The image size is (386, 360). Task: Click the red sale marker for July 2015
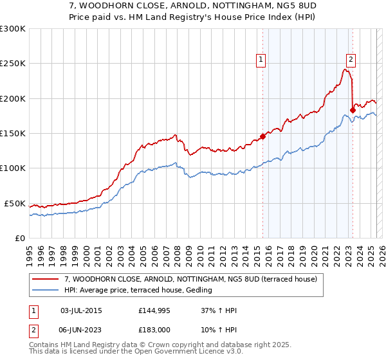pos(262,136)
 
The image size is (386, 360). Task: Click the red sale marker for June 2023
pos(353,110)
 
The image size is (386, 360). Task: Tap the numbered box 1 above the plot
pos(261,60)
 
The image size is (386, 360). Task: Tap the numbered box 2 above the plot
pos(351,60)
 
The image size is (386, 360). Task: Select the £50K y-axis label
pos(15,203)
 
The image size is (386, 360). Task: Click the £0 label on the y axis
pos(19,238)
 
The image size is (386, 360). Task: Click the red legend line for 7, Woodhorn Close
pos(46,279)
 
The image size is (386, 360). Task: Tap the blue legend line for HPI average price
pos(46,290)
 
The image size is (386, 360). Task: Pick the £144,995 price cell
pos(154,310)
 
